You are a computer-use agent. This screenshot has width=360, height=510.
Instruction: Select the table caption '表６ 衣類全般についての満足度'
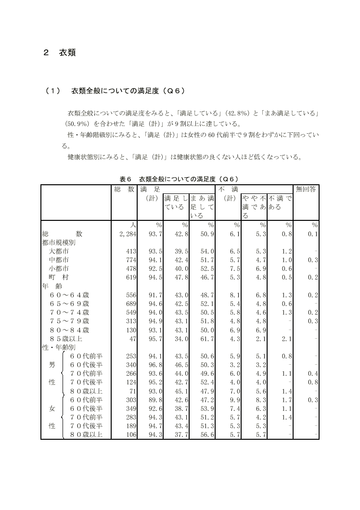[180, 179]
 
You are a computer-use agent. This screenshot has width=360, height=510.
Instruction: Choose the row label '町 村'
[59, 277]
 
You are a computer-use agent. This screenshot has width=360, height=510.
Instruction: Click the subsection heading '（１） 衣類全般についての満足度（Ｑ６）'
[115, 90]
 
